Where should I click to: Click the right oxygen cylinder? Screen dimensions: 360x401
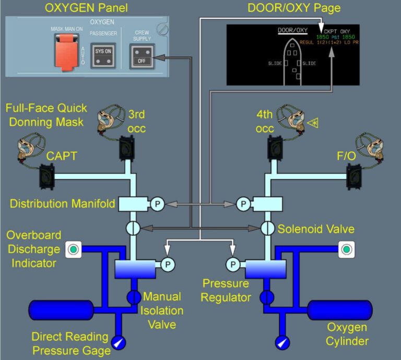click(x=339, y=309)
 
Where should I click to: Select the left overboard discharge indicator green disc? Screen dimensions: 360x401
click(x=73, y=250)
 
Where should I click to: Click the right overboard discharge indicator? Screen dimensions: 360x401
click(x=345, y=250)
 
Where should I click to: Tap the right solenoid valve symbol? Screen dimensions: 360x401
click(x=268, y=228)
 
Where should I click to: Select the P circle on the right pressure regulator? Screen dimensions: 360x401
click(x=233, y=265)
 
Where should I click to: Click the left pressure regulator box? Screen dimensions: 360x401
click(x=135, y=269)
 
